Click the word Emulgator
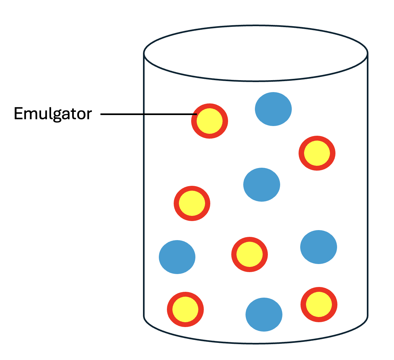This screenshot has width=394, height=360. point(53,114)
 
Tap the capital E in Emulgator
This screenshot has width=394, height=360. point(18,113)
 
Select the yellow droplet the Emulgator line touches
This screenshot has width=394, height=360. point(210,121)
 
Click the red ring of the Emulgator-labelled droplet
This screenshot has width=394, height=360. point(225,122)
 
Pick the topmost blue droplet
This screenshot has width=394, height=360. point(273,109)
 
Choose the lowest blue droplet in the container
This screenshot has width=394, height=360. point(264,314)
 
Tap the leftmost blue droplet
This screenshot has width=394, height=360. point(177,257)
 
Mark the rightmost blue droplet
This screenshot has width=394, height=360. point(319,247)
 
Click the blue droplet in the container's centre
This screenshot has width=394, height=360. point(261,185)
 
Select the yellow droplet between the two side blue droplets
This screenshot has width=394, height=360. point(249,255)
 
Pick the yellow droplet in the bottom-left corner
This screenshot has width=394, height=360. point(185,309)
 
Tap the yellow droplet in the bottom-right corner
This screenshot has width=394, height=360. point(319,304)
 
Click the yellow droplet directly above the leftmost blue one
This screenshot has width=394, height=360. point(192,204)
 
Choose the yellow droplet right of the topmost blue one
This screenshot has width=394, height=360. point(317,153)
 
